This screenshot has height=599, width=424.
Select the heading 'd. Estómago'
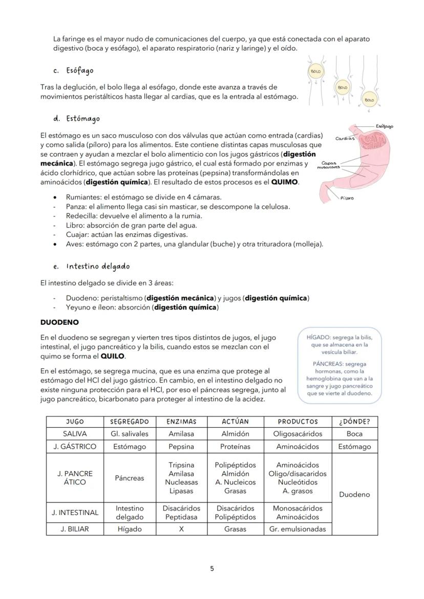(x=76, y=119)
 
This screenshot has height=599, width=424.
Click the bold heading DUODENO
(x=59, y=323)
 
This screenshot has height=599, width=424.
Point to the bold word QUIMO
(x=284, y=182)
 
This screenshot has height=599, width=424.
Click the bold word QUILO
(x=113, y=356)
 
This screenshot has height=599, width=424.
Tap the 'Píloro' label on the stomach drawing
(x=347, y=198)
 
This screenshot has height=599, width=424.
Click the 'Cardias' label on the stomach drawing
(x=345, y=138)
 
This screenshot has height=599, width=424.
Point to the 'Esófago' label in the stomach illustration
(x=384, y=126)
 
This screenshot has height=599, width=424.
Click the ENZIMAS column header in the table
(x=181, y=421)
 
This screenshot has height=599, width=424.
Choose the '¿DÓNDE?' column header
(x=354, y=421)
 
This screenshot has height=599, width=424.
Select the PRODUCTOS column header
(x=298, y=421)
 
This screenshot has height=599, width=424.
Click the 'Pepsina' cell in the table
(x=181, y=447)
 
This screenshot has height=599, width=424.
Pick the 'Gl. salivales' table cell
(x=130, y=434)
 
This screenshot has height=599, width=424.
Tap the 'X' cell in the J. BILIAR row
(x=181, y=529)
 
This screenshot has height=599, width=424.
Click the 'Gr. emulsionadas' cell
(x=298, y=529)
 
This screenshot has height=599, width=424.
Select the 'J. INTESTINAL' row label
(x=75, y=513)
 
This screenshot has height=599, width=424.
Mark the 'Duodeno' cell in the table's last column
(x=354, y=495)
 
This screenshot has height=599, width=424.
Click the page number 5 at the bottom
(x=212, y=568)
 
